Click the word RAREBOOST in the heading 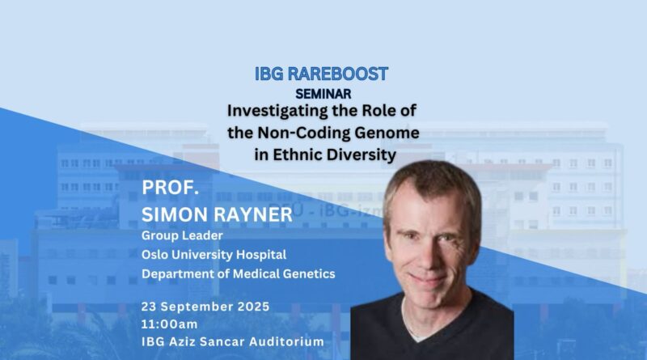click(337, 74)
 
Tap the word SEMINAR click(323, 94)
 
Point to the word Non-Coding click(304, 133)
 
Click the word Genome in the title click(387, 133)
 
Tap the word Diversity click(362, 155)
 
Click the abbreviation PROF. click(170, 188)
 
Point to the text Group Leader click(182, 235)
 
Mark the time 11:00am click(169, 324)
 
